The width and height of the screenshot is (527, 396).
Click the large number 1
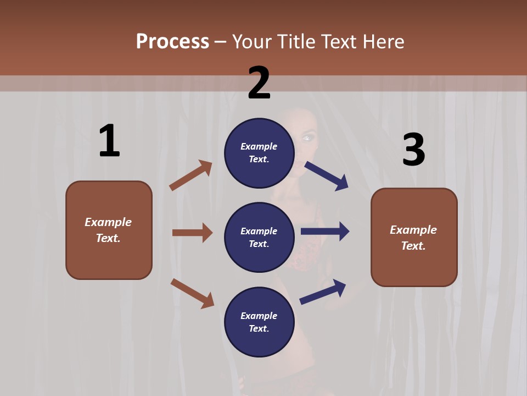[109, 141]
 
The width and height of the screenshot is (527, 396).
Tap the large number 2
[259, 83]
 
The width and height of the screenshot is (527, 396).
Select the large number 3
[413, 150]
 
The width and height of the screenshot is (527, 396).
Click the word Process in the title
[172, 41]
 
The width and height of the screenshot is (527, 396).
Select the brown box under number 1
[109, 230]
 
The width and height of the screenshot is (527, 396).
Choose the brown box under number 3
[414, 237]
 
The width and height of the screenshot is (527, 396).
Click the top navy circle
[259, 153]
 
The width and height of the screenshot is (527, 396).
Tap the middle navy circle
[259, 237]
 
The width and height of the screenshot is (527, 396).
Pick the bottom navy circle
[259, 322]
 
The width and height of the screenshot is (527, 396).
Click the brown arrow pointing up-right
[191, 175]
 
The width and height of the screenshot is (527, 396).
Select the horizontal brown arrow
[192, 233]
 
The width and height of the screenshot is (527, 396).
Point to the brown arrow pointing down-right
[192, 293]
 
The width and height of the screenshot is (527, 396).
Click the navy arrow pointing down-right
[327, 175]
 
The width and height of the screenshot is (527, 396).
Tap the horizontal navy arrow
[325, 232]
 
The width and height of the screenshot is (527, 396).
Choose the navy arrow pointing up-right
[323, 292]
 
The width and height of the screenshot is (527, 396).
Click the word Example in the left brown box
[108, 222]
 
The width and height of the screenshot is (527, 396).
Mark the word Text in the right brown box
[413, 246]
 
